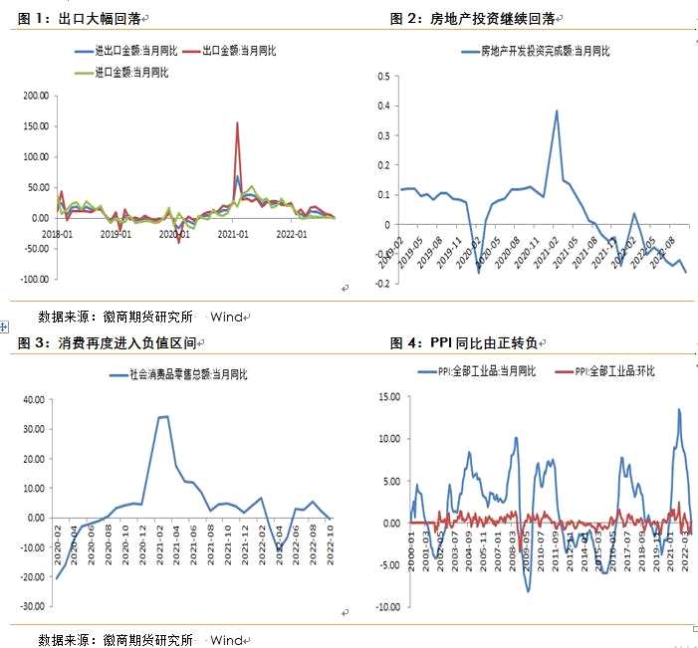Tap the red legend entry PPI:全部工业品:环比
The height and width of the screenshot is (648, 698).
point(606,371)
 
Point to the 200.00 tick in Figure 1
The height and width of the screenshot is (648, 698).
point(35,96)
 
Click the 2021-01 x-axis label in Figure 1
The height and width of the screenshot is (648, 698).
point(233,234)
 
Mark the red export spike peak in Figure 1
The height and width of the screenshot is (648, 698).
point(237,123)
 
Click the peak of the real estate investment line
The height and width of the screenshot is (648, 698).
point(557,110)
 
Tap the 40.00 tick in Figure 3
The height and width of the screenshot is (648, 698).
point(34,399)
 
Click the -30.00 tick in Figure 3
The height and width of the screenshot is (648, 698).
point(32,606)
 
